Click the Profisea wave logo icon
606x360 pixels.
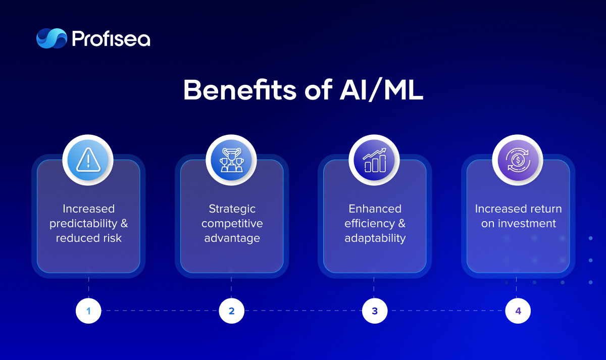coord(52,38)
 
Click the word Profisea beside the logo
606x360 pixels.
coord(111,39)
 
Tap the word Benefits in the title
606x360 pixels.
coord(240,90)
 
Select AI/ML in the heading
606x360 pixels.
coord(381,90)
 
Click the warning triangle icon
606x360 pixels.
coord(88,160)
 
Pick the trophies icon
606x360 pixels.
coord(232,160)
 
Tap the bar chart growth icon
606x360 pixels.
coord(375,160)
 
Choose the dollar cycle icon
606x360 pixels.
coord(518,160)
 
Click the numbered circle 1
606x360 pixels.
coord(88,311)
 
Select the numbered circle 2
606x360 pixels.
coord(232,311)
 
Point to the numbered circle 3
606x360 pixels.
coord(375,311)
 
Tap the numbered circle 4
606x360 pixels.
coord(518,311)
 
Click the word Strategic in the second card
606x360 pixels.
coord(232,209)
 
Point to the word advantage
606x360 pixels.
coord(232,238)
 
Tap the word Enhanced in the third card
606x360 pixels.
coord(375,209)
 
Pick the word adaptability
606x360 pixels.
coord(375,238)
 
